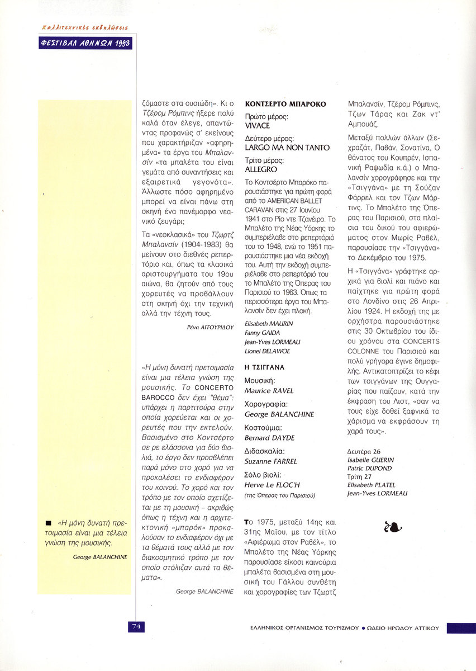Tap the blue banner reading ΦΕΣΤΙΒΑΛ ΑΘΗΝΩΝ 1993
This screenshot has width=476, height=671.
click(x=87, y=43)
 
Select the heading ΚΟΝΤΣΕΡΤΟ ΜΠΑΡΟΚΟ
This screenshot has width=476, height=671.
click(x=285, y=104)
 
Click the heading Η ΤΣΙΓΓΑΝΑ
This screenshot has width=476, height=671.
click(x=265, y=367)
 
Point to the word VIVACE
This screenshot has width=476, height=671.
click(x=257, y=126)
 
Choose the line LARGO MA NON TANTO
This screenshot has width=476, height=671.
click(x=287, y=148)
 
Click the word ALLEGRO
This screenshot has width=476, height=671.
click(x=261, y=169)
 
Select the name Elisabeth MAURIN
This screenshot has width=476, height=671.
click(x=269, y=324)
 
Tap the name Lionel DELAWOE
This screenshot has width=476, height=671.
click(x=268, y=351)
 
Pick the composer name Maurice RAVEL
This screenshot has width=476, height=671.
click(x=269, y=391)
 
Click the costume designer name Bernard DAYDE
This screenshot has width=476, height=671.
click(x=269, y=438)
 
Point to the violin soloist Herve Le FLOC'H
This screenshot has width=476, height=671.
click(x=272, y=485)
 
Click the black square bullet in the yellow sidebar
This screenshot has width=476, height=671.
click(x=50, y=523)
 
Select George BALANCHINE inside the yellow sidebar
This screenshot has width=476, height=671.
click(x=100, y=557)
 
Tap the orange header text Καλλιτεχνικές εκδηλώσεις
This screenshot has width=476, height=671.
click(x=85, y=27)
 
